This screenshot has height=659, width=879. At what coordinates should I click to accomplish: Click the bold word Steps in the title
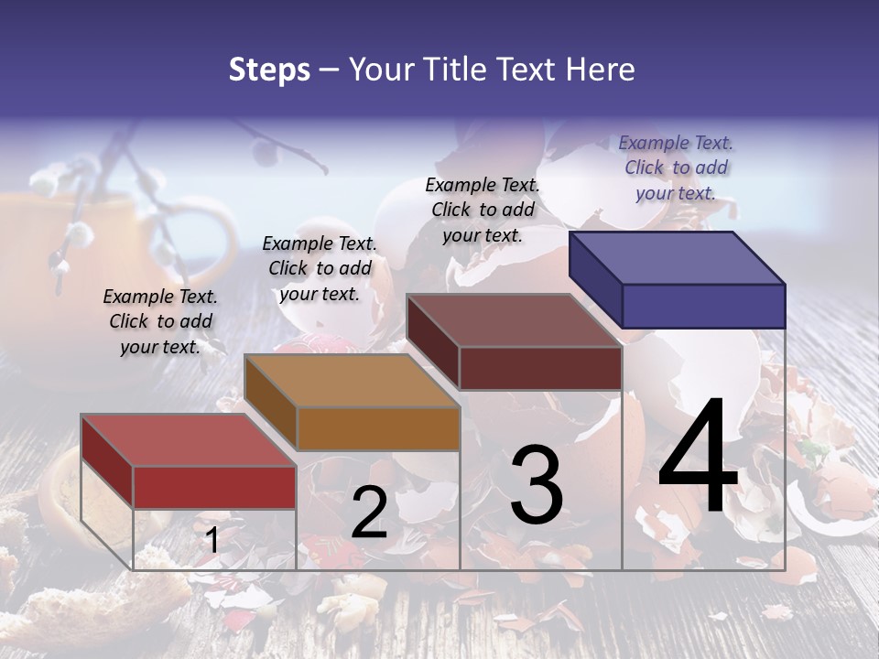tap(269, 70)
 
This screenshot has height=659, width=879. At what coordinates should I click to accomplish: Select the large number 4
tap(698, 457)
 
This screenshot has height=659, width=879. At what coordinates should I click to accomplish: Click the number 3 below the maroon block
tap(537, 485)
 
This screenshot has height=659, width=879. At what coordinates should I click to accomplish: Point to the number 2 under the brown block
tap(370, 513)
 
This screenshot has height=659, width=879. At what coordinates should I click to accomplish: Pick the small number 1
tap(212, 541)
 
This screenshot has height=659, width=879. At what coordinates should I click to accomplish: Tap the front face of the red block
tap(214, 487)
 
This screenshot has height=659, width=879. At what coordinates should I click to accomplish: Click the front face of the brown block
tap(378, 428)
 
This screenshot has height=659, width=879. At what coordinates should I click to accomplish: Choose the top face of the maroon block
tap(514, 320)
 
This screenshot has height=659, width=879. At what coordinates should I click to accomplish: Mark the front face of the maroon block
tap(540, 368)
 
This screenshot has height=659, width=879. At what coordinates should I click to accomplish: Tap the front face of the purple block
tap(703, 306)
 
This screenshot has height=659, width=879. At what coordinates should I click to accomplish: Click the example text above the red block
tap(160, 321)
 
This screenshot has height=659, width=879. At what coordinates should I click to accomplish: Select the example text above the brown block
tap(320, 268)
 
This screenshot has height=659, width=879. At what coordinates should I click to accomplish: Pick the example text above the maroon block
tap(483, 210)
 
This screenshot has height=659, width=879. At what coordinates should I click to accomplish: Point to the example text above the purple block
tap(676, 167)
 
